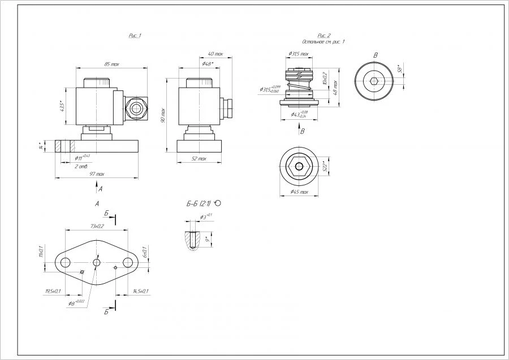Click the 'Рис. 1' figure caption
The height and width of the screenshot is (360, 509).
coord(135,36)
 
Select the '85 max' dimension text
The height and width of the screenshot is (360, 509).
coord(111,64)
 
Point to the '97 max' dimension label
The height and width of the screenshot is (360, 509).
coord(97,174)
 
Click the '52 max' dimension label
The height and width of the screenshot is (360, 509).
coord(199,159)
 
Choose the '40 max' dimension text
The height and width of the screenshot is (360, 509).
coord(215,54)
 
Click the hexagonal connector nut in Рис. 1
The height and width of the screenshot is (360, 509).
coord(136,106)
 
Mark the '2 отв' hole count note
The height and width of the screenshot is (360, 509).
coord(81,166)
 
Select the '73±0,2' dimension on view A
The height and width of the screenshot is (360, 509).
coord(97,226)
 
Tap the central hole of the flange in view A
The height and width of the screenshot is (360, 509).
coord(97,263)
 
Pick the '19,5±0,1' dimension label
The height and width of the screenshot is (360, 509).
coord(53,291)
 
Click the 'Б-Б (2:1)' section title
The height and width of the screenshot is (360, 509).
coord(202,203)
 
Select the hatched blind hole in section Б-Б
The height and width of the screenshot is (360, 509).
coord(193,240)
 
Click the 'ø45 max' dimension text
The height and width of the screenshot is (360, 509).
coord(299,192)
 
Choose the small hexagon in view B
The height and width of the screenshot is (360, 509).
coord(374,81)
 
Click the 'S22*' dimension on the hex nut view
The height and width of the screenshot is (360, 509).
coord(325,167)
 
